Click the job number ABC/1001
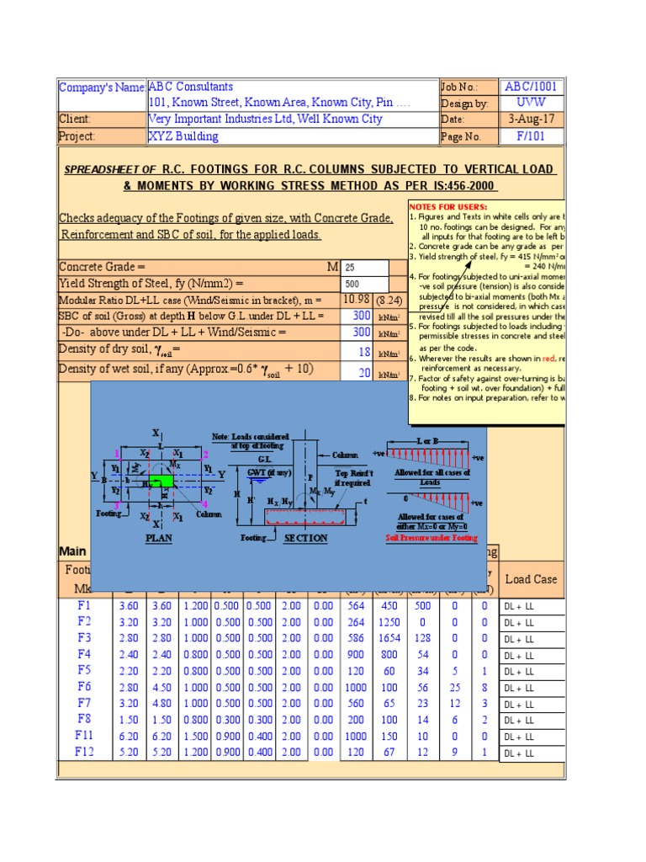[531, 87]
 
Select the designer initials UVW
[531, 103]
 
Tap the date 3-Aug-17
[531, 120]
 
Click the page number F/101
[531, 136]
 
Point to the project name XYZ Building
[183, 136]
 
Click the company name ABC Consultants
[191, 87]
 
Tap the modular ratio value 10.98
[355, 300]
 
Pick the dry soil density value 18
[364, 352]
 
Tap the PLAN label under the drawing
[159, 538]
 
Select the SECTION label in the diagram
[305, 538]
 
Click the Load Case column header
[530, 579]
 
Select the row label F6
[84, 686]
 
